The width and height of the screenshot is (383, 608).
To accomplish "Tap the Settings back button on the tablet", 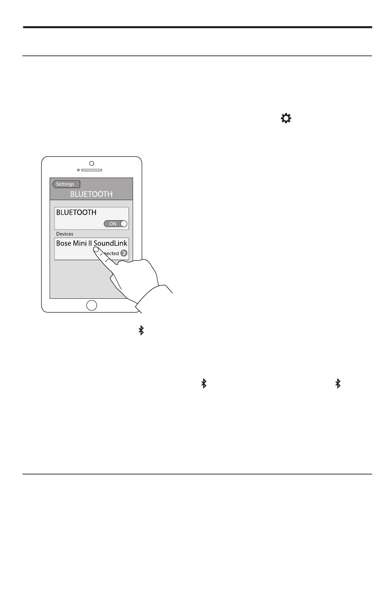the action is (x=66, y=184).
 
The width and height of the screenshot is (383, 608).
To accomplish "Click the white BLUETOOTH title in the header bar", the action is (x=92, y=194).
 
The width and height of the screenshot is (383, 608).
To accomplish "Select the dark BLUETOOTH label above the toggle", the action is (x=76, y=213).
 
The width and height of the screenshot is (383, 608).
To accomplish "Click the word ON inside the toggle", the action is (x=113, y=224).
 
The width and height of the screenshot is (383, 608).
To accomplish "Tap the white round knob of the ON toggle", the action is (x=124, y=224).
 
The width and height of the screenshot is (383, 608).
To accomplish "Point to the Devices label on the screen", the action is (x=65, y=234).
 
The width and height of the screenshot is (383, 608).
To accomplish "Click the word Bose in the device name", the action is (x=63, y=243).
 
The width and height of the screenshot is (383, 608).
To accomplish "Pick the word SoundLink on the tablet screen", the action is (x=110, y=243).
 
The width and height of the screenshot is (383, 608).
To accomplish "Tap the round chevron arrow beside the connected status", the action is (x=124, y=253).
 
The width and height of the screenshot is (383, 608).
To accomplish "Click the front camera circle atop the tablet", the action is (x=92, y=163).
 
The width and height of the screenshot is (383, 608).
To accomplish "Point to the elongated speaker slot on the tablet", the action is (x=93, y=170).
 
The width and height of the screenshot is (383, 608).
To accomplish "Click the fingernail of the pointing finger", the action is (x=96, y=250).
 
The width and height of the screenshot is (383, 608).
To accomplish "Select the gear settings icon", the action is (x=286, y=119).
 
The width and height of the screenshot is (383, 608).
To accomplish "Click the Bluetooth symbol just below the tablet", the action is (x=141, y=331).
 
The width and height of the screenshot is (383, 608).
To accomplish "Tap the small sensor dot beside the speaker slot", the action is (x=78, y=170).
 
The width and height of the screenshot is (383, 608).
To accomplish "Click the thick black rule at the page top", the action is (x=197, y=27).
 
